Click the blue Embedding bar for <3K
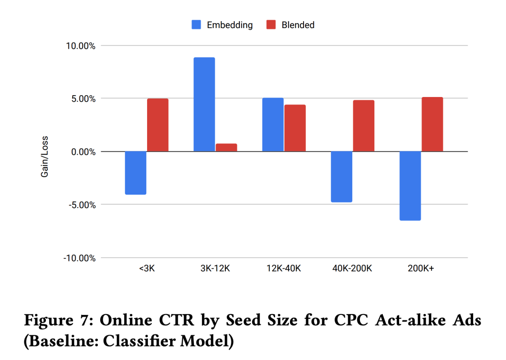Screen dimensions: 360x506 click(x=136, y=172)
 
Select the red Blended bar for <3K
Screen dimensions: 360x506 click(x=158, y=125)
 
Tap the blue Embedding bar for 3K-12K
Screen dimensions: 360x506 click(x=204, y=105)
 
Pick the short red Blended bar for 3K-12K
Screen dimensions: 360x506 click(x=226, y=148)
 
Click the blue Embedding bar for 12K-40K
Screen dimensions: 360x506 click(x=273, y=125)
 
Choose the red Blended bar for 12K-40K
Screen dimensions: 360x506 click(x=295, y=128)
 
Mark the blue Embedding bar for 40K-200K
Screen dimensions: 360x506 click(x=342, y=177)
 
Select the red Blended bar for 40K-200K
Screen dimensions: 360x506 click(x=364, y=126)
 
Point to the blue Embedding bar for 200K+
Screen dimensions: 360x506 click(x=410, y=186)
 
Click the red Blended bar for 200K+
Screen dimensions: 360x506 click(x=432, y=124)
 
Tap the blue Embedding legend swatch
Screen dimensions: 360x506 click(x=196, y=25)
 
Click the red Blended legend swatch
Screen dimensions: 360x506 click(x=271, y=25)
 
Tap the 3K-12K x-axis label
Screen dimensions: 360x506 click(x=215, y=269)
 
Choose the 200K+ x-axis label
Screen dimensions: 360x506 click(x=421, y=269)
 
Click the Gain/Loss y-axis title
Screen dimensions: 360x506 click(x=45, y=157)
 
